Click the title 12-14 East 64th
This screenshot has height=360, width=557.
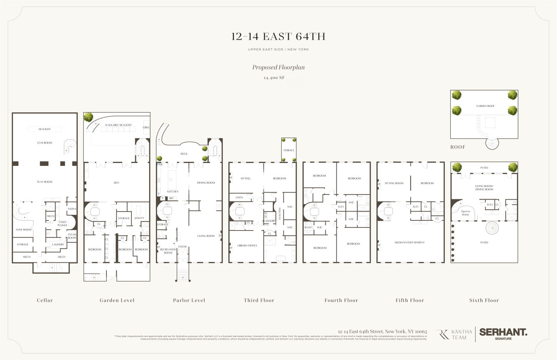278,36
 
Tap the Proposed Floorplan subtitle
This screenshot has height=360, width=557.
278,67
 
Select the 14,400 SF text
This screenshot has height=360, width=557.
274,78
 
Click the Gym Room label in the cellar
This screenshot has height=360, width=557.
45,143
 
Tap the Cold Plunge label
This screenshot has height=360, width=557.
62,223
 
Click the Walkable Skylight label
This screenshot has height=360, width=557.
118,125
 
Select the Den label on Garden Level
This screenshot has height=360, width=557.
116,183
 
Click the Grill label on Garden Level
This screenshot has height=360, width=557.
146,127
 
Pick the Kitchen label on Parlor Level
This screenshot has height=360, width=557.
173,192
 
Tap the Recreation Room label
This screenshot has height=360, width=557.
168,251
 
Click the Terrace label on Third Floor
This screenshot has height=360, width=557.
289,150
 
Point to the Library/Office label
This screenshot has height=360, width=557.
247,245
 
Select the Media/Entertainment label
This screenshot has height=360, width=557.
409,242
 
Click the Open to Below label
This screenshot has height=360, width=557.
465,213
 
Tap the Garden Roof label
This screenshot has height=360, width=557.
485,106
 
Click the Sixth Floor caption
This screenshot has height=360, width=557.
484,300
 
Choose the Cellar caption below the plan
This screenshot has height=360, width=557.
45,300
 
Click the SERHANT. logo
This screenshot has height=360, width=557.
503,333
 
